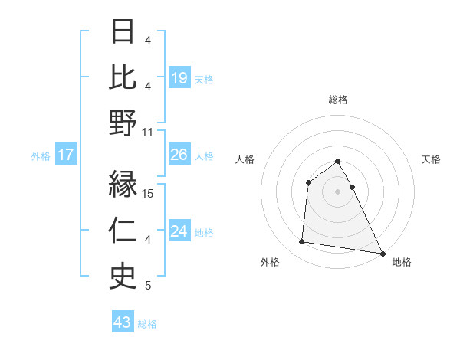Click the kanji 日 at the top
[x=123, y=33]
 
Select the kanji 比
[x=123, y=77]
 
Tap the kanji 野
[x=123, y=123]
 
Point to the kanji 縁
[x=123, y=186]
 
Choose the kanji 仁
[x=123, y=231]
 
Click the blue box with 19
[x=179, y=78]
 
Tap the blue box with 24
[x=179, y=231]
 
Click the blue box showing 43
[x=123, y=322]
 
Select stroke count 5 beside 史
[x=148, y=286]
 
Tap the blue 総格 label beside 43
[x=148, y=324]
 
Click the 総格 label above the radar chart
[x=338, y=100]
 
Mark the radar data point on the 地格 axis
[x=382, y=253]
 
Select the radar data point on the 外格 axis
[x=302, y=242]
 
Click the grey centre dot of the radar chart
[x=338, y=191]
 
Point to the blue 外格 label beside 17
[x=41, y=156]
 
